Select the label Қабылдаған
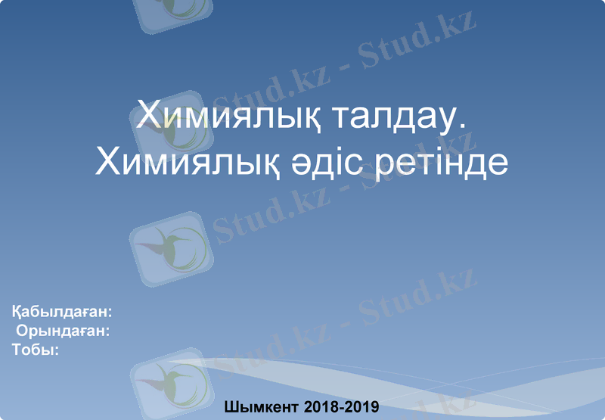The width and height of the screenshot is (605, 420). tap(59, 312)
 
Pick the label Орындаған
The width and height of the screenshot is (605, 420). tap(62, 331)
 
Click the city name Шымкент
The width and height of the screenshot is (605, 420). tap(262, 407)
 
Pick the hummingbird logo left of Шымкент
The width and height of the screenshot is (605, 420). tap(168, 382)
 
